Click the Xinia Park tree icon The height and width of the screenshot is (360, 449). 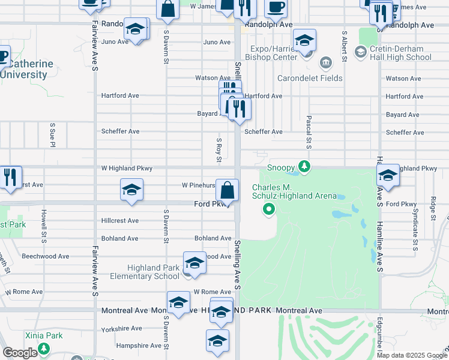click(x=43, y=349)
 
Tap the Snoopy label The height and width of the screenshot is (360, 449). click(x=281, y=167)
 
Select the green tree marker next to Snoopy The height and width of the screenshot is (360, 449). click(x=304, y=166)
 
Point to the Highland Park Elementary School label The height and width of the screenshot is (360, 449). click(x=152, y=272)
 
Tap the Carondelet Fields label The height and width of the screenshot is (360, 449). click(x=310, y=78)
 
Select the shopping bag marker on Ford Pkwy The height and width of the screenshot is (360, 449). click(x=227, y=191)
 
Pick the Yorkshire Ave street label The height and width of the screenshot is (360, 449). click(x=122, y=328)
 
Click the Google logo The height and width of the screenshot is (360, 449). click(x=20, y=353)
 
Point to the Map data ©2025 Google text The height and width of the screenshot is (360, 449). click(x=411, y=355)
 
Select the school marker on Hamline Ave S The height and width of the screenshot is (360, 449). click(x=388, y=176)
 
